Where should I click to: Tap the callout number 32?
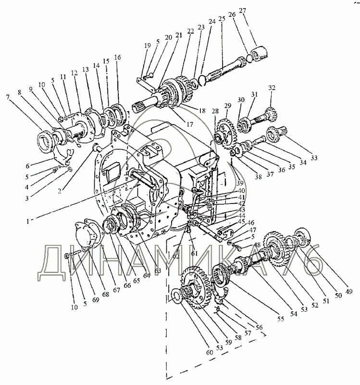[272, 88]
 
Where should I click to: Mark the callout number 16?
[118, 57]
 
